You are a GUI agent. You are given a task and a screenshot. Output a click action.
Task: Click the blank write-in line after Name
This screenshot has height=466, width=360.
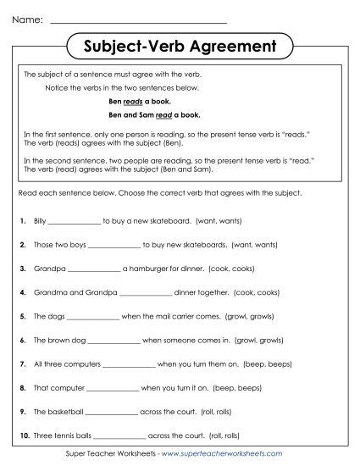(x=139, y=19)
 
